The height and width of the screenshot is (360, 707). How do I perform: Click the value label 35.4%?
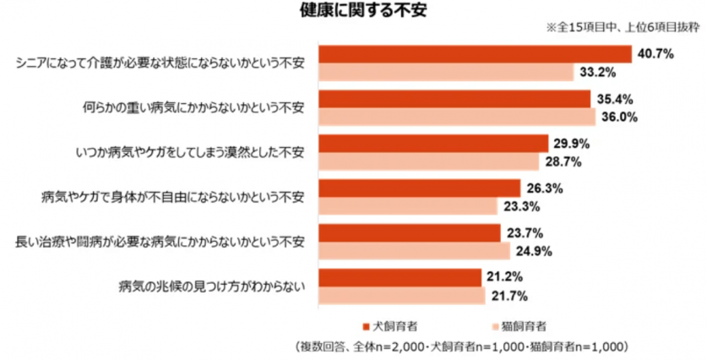(x=611, y=99)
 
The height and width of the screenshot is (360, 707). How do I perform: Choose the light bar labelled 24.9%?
(x=414, y=251)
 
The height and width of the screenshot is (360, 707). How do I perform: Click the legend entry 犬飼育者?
(x=389, y=325)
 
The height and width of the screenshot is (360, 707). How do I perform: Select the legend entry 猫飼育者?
(x=518, y=325)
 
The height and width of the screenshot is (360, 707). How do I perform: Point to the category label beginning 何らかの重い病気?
(x=193, y=107)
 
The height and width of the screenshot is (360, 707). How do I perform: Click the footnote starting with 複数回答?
(x=461, y=347)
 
